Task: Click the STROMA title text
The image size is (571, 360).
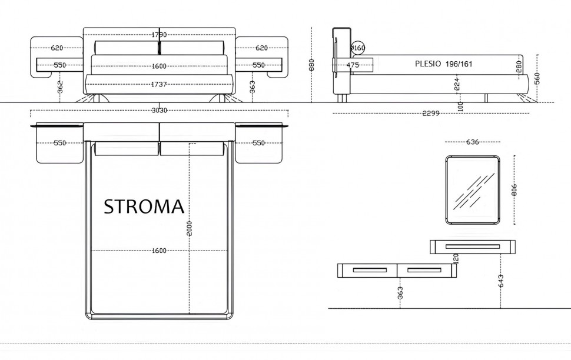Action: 144,206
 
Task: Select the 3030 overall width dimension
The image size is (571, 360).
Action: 159,110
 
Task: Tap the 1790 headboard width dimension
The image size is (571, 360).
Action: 159,35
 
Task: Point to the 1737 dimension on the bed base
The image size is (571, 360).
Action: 159,85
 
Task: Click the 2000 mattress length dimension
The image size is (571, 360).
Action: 190,229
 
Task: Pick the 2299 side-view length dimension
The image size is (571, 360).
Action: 431,113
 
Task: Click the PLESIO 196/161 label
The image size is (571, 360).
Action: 443,64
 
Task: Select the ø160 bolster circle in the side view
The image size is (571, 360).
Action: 358,48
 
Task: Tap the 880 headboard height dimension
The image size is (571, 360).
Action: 311,65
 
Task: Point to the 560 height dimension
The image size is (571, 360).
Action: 537,78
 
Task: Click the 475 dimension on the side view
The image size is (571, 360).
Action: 353,65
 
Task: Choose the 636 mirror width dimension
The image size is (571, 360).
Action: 472,142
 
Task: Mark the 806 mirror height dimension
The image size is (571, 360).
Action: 514,189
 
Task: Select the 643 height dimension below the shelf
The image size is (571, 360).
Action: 501,281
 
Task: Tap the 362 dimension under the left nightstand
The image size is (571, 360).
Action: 61,87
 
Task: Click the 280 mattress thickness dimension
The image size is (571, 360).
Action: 519,66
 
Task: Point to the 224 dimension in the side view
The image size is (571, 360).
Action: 457,84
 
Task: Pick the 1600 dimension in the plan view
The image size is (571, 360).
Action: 159,251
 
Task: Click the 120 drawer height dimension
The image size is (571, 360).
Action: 456,258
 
